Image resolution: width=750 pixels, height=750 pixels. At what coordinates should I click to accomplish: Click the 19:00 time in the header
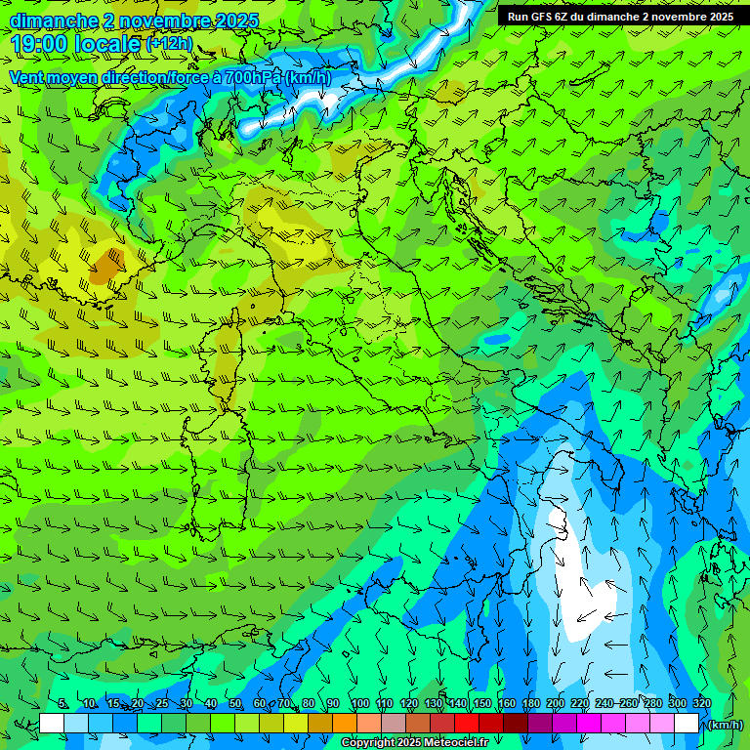pyautogui.click(x=40, y=44)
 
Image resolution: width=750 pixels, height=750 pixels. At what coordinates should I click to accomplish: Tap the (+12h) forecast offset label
pyautogui.click(x=169, y=44)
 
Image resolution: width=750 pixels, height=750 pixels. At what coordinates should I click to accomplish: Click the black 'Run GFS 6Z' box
pyautogui.click(x=620, y=16)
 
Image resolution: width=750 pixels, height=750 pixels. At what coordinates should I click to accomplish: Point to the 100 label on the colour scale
pyautogui.click(x=359, y=703)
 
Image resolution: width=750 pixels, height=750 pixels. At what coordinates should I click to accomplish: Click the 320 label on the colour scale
pyautogui.click(x=701, y=703)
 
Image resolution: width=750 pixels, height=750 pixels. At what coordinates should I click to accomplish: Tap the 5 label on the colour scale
pyautogui.click(x=63, y=703)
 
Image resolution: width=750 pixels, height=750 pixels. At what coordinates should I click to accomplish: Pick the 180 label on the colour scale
pyautogui.click(x=530, y=703)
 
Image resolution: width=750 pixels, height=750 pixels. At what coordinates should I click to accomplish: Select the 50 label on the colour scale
pyautogui.click(x=235, y=703)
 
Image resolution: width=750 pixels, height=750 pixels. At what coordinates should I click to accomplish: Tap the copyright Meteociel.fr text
pyautogui.click(x=415, y=743)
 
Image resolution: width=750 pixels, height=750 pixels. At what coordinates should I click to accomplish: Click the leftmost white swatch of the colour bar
pyautogui.click(x=52, y=724)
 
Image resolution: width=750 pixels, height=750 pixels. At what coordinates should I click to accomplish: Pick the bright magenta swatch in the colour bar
pyautogui.click(x=589, y=724)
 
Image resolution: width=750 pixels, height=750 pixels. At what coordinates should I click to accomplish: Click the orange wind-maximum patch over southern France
pyautogui.click(x=104, y=266)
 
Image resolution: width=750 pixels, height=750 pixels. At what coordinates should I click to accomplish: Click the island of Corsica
pyautogui.click(x=225, y=356)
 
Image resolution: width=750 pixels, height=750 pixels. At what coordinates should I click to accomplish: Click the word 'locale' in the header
pyautogui.click(x=109, y=44)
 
